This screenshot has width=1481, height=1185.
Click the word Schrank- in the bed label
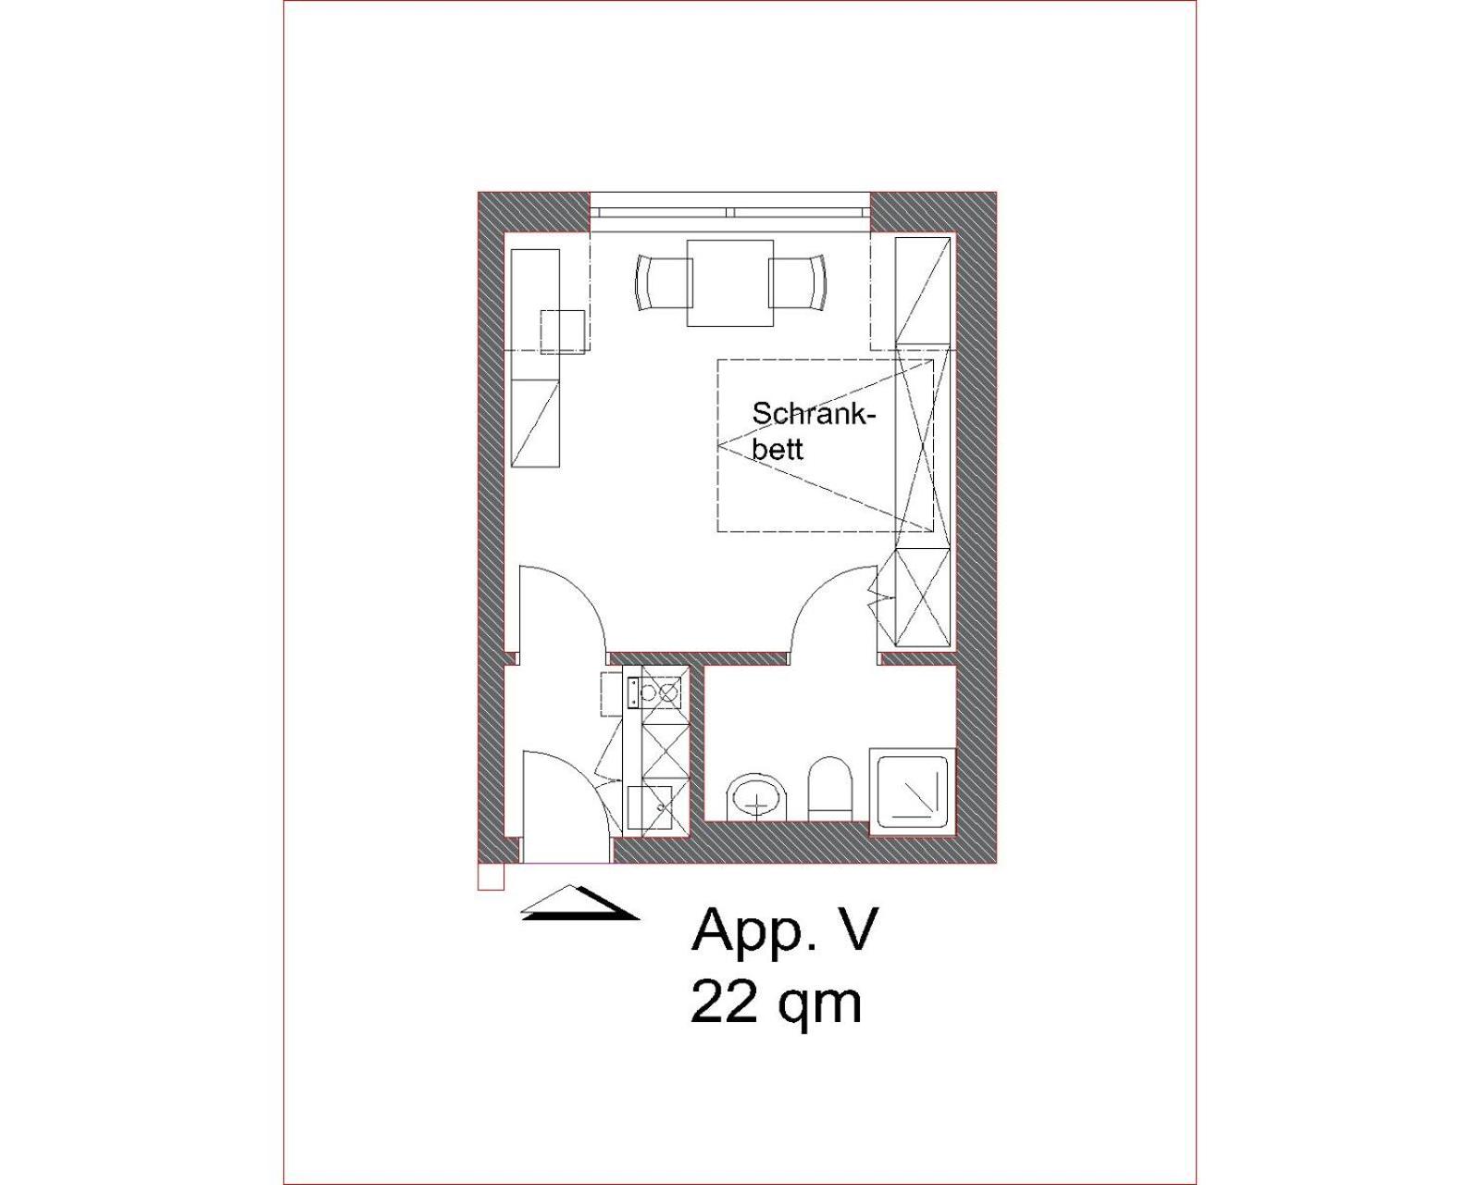pos(815,415)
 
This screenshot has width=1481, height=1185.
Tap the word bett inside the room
pos(778,449)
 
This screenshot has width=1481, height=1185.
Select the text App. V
pos(785,931)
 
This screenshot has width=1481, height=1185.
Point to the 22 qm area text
pos(776,1004)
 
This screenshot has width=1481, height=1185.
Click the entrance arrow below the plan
pos(580,903)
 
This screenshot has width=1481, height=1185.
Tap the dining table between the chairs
pos(730,283)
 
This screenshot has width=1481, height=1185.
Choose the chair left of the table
pos(663,283)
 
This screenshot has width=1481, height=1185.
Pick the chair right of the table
pos(797,283)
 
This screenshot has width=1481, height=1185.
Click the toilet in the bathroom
pos(829,789)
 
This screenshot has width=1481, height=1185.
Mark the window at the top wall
pos(730,212)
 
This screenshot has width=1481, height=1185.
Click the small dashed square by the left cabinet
pos(562,331)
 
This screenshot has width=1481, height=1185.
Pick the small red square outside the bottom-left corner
pos(491,878)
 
